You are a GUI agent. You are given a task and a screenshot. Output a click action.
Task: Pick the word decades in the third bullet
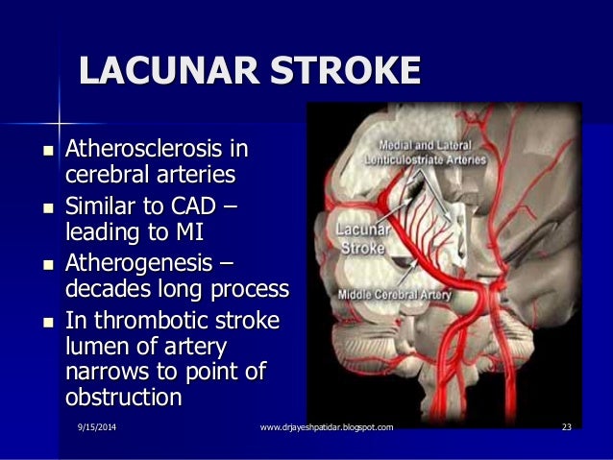point(107,288)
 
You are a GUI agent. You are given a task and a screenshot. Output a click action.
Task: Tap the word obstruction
point(123,396)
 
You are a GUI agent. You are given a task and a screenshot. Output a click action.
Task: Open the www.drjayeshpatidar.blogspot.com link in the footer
point(327,426)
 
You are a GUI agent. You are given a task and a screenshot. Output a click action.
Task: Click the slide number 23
point(566,426)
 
